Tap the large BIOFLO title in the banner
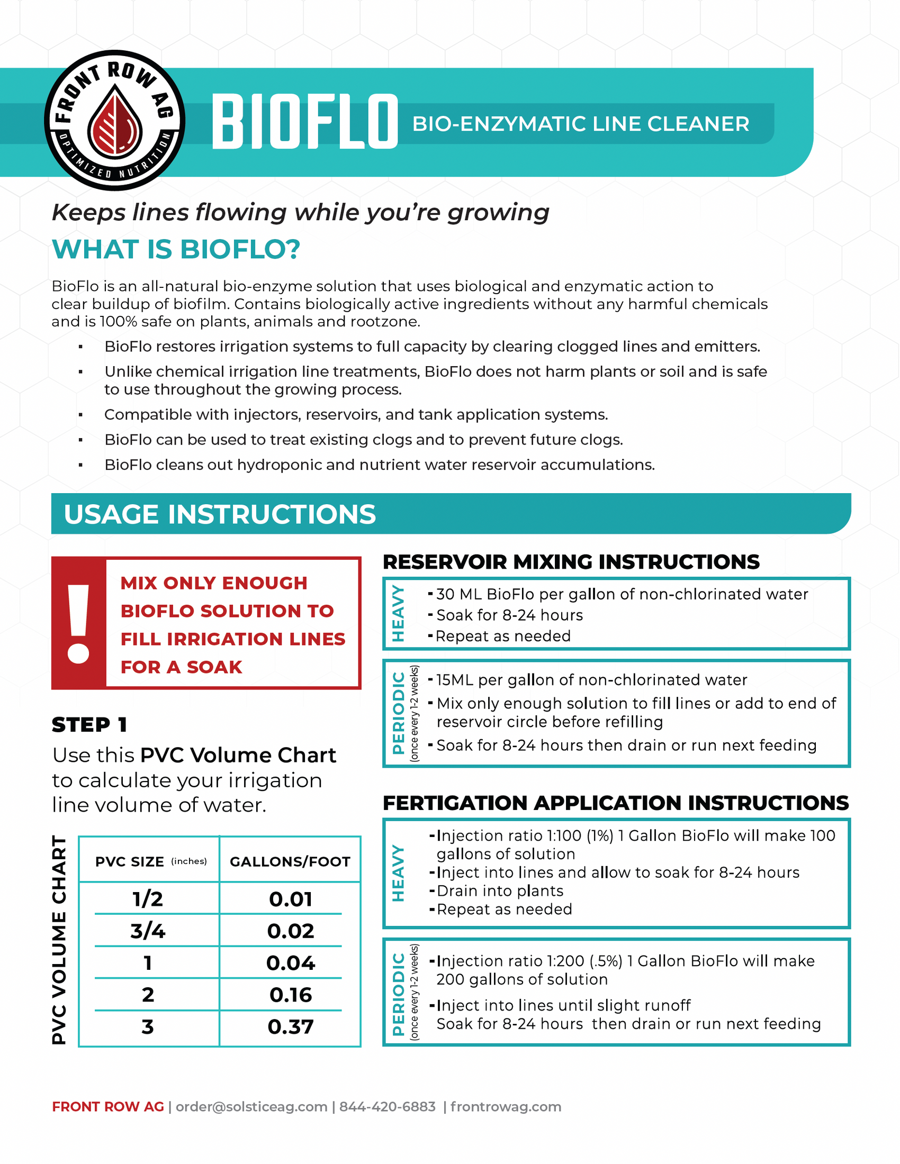click(304, 122)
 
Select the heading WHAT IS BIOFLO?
click(176, 249)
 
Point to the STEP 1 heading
click(89, 725)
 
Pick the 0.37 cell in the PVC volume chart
click(291, 1026)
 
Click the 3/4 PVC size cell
click(148, 931)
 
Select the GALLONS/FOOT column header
click(290, 862)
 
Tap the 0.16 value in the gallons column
click(291, 995)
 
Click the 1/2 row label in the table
click(148, 899)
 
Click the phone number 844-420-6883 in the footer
click(388, 1107)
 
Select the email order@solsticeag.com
click(251, 1107)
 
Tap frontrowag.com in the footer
click(506, 1107)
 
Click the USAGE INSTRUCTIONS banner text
click(220, 514)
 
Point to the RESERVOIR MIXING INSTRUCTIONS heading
click(571, 562)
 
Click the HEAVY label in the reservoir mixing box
click(398, 613)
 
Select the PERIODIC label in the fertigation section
click(398, 994)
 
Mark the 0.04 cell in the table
click(291, 963)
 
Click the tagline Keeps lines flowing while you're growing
click(300, 212)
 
